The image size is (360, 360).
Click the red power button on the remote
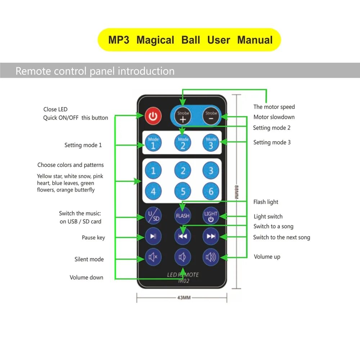[x=153, y=116]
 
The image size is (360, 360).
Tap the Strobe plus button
[x=183, y=117]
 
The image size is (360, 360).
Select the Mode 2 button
[x=183, y=143]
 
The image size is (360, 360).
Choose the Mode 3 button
[x=211, y=143]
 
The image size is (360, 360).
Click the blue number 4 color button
[x=153, y=191]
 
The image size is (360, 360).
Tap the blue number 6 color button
[x=211, y=191]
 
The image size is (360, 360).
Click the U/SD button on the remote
[x=153, y=216]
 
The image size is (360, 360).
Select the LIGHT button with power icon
[x=211, y=216]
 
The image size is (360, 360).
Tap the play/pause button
[x=153, y=236]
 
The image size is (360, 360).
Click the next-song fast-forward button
[x=211, y=236]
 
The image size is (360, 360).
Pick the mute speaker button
[x=153, y=257]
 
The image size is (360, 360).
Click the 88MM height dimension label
[x=237, y=191]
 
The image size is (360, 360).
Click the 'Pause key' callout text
[x=93, y=238]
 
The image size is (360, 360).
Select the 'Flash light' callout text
[x=266, y=202]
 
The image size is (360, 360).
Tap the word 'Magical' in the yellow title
[x=155, y=40]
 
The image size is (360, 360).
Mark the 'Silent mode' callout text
[x=89, y=259]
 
